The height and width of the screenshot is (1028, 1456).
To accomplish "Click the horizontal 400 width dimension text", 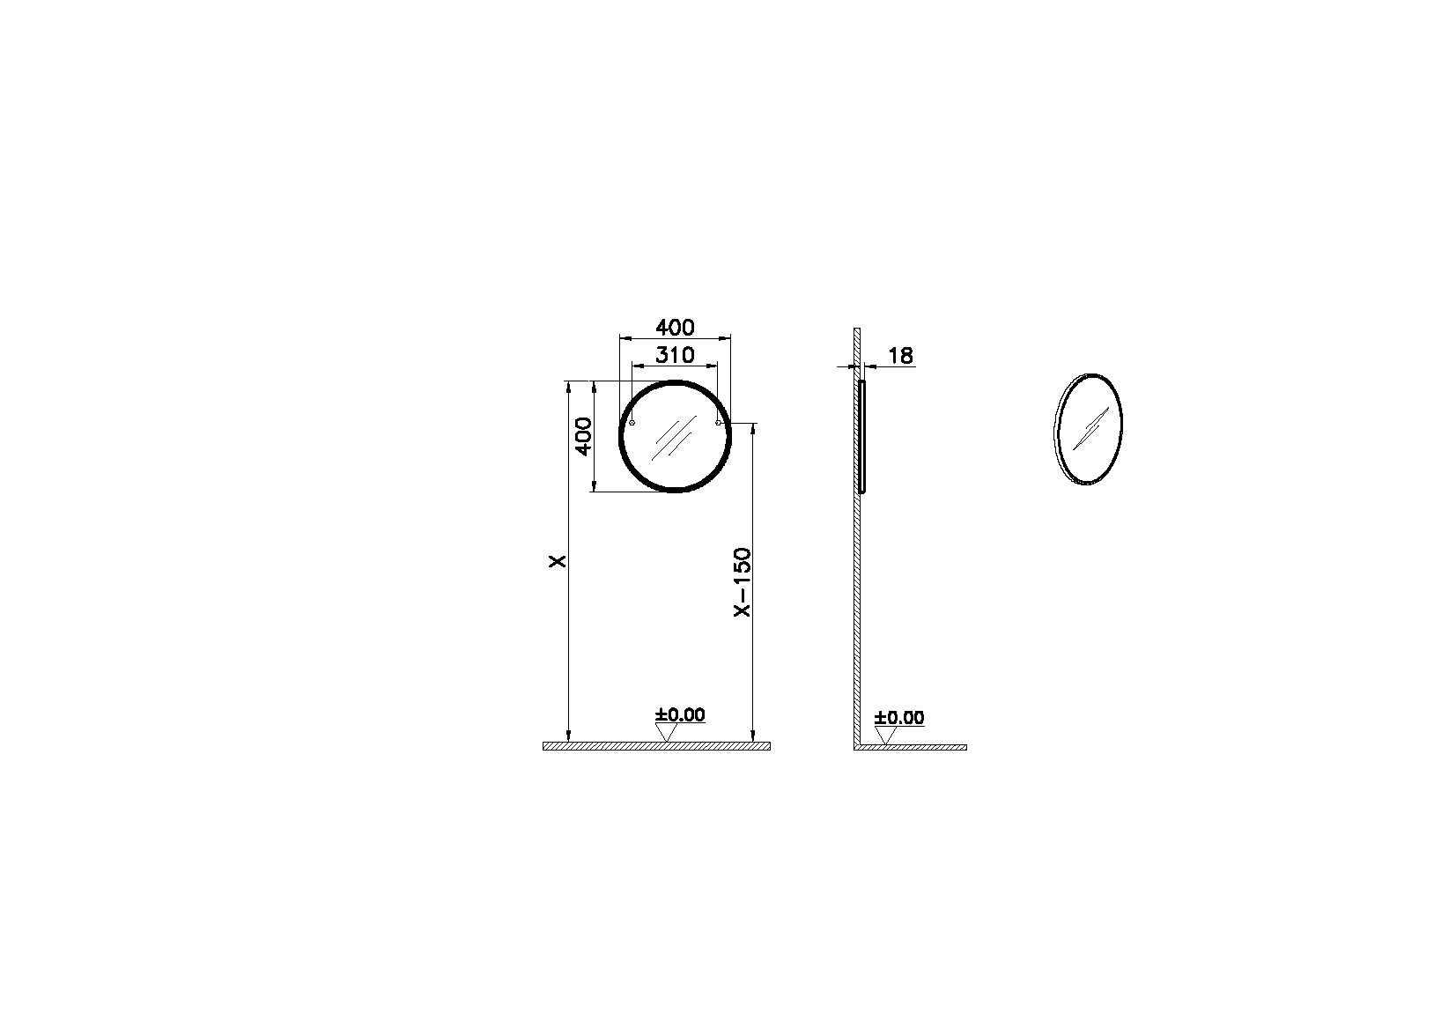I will pos(675,328).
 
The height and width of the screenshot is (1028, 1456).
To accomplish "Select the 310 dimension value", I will pos(675,355).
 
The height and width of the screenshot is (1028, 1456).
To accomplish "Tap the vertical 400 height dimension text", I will pos(582,436).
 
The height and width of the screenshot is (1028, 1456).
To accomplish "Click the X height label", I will pos(557,560).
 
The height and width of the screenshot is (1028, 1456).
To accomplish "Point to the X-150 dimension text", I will pos(743,582).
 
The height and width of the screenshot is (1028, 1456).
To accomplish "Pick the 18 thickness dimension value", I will pos(901,356).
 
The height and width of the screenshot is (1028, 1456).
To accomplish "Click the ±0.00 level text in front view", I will pos(680,714).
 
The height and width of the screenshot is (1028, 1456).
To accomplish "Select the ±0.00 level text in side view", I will pos(899,717).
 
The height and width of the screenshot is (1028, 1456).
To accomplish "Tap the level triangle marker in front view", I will pos(666,732).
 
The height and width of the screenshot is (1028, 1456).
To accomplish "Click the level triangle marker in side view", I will pos(885,735).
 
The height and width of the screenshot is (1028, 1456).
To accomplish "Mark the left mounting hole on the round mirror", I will pos(632,424).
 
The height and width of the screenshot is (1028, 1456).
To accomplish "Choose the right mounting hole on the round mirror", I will pos(719,424).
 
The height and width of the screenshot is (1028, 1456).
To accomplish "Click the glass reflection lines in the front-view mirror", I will pos(670,439).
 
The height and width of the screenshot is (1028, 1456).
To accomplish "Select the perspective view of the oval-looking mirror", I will pos(1090,429).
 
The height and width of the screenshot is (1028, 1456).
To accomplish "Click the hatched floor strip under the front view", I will pos(656,746).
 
